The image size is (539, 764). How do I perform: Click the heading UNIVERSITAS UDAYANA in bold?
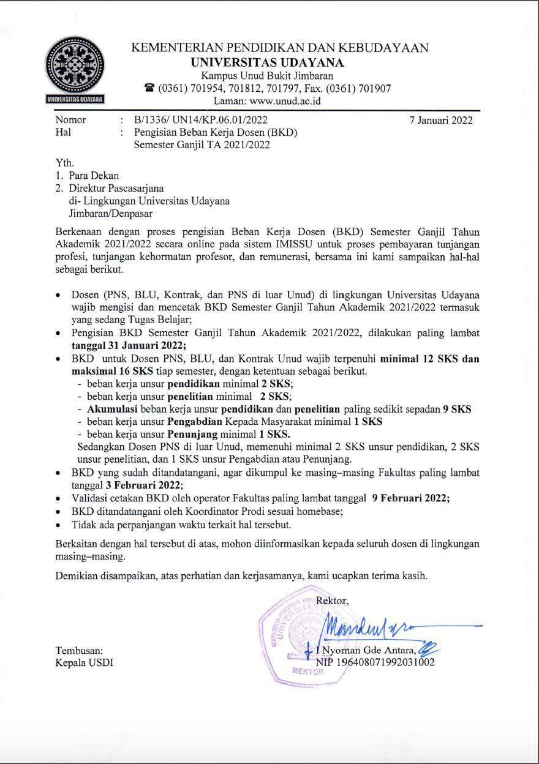coord(267,62)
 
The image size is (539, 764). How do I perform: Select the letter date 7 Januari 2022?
coord(441,120)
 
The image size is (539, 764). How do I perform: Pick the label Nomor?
coord(70,120)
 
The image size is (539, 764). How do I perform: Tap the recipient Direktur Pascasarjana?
coord(116,189)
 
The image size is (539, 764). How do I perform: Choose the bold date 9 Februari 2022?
coord(411,498)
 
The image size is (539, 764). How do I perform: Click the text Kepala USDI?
coord(84,662)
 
